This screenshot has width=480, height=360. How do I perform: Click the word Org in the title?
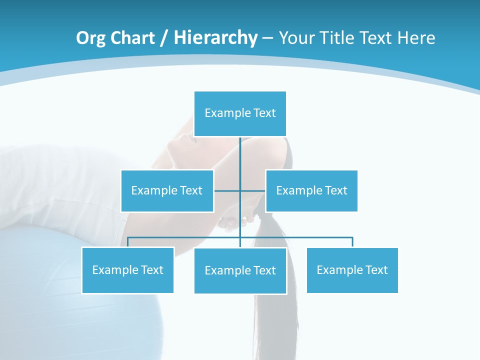pos(90,38)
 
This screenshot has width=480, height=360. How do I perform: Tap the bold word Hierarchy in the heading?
pos(215,38)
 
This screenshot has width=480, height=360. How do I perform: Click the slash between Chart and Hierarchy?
pos(164,38)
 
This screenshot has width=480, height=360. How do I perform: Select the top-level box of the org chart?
pos(240,113)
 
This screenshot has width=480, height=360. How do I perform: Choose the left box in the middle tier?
pos(167,190)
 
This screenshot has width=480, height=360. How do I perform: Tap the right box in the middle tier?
pos(311,190)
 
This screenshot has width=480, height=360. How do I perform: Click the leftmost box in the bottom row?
pos(128,270)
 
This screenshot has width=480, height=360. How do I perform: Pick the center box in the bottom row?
pos(240,270)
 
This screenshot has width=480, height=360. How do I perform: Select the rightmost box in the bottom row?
pos(352,270)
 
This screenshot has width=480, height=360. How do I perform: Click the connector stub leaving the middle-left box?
pos(226,190)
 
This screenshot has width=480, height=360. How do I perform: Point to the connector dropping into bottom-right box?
pos(352,242)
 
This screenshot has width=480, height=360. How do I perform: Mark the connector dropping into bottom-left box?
pos(128,242)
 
